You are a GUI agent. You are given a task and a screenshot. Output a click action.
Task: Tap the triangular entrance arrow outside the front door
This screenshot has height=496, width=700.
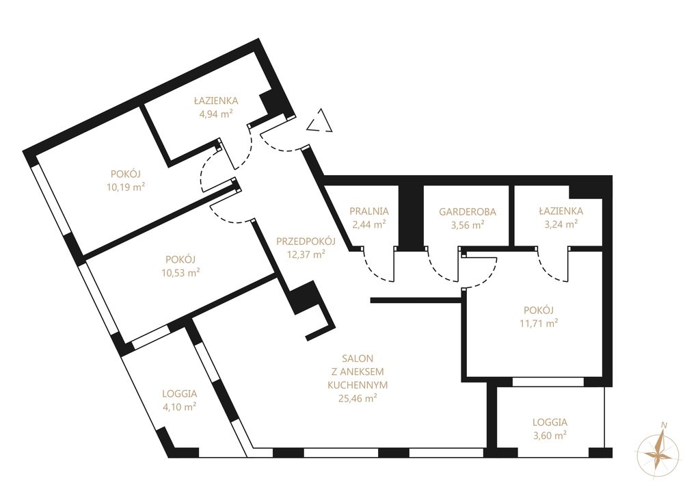pyautogui.click(x=320, y=121)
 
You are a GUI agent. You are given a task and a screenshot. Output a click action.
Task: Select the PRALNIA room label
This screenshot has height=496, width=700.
pyautogui.click(x=369, y=211)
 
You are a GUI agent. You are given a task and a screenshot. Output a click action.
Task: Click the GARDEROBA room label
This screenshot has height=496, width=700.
pyautogui.click(x=468, y=211)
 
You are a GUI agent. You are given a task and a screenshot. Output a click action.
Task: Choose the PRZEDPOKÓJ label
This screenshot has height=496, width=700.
pyautogui.click(x=306, y=242)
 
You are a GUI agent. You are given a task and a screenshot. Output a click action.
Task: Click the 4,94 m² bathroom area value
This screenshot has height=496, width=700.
pyautogui.click(x=216, y=114)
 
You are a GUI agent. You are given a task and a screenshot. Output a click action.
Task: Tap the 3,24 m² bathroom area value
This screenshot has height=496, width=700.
pyautogui.click(x=561, y=224)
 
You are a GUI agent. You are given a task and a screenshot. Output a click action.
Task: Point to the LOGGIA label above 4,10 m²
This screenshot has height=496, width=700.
pyautogui.click(x=180, y=393)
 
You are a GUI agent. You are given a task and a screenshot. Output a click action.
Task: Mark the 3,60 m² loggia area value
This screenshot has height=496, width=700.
pyautogui.click(x=550, y=435)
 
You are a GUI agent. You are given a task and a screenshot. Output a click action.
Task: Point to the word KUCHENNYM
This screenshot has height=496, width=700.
pyautogui.click(x=358, y=384)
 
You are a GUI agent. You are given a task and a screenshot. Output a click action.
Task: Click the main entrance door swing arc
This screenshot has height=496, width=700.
pyautogui.click(x=280, y=145)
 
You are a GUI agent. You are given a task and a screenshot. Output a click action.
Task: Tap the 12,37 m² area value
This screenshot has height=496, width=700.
pyautogui.click(x=306, y=254)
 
